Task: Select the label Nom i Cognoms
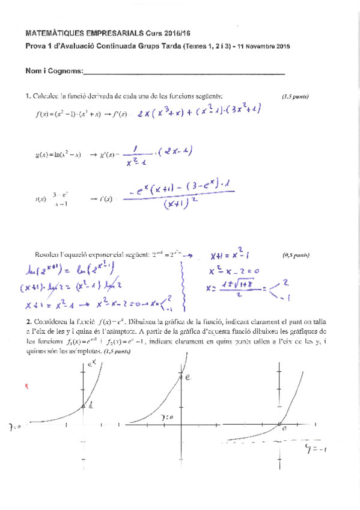53,71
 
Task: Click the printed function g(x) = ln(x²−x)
58,155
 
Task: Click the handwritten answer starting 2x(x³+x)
199,112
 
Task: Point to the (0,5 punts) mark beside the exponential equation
296,255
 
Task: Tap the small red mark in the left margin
26,387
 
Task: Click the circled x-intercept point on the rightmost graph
281,426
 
